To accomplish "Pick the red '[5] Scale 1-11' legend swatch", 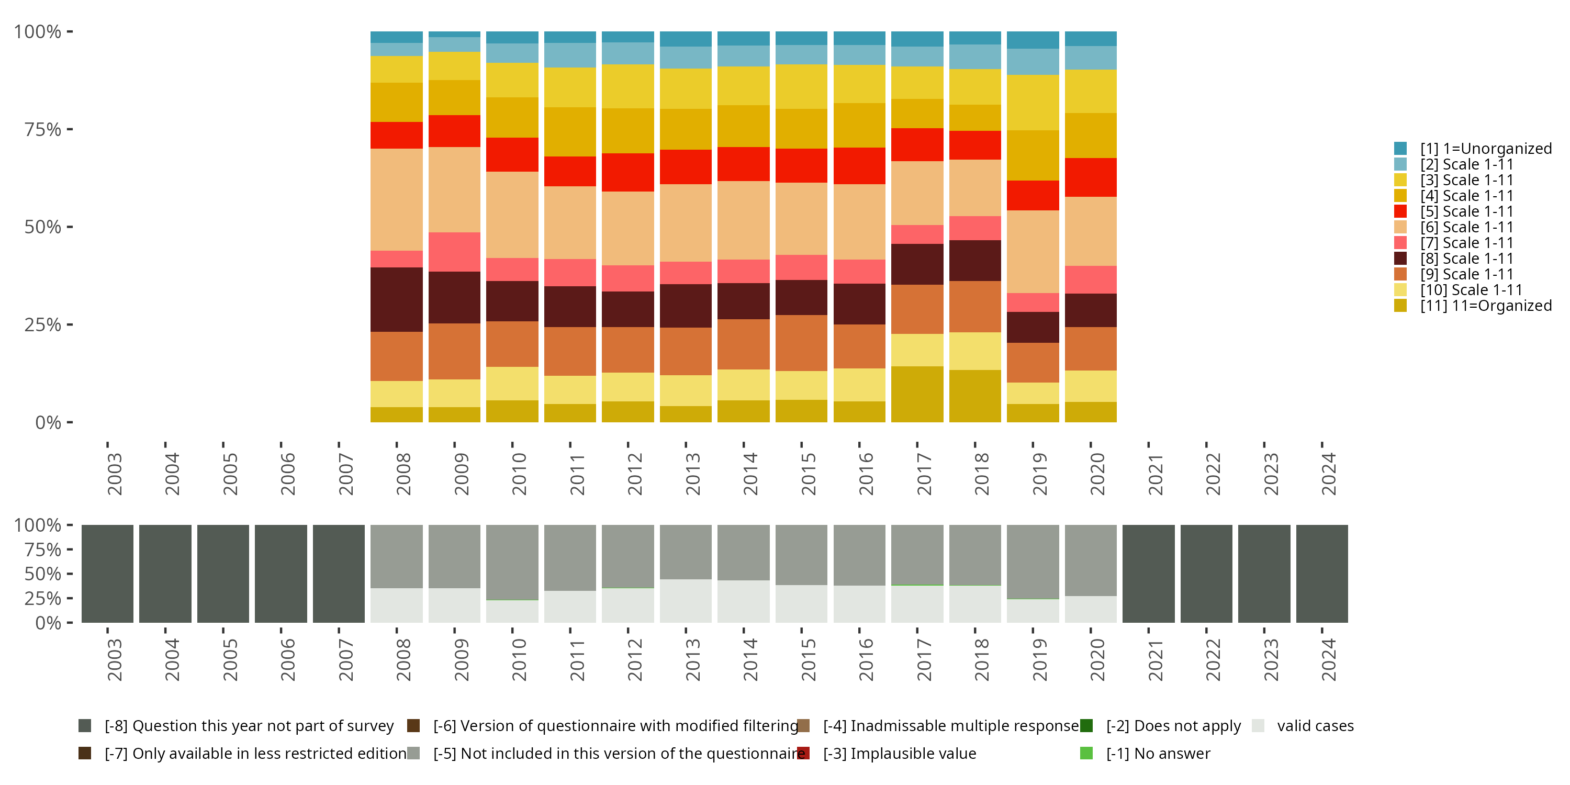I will point(1400,211).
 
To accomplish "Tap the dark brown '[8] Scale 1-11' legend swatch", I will point(1400,259).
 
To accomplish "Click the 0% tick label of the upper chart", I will point(48,422).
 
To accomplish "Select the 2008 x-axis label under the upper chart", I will point(403,474).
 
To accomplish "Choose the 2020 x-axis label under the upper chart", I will point(1097,474).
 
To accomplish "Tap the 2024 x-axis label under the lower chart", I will point(1328,659).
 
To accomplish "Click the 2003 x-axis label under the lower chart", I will point(114,659).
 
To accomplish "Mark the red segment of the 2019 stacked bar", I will point(1033,195).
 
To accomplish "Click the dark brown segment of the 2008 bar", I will point(396,299).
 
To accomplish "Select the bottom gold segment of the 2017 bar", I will point(917,394).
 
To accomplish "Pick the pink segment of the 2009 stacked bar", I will point(454,252).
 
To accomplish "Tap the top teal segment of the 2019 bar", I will point(1033,40).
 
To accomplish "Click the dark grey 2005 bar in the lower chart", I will point(223,574).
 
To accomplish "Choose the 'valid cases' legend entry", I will point(1315,726).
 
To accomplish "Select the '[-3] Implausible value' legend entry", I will point(899,754).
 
